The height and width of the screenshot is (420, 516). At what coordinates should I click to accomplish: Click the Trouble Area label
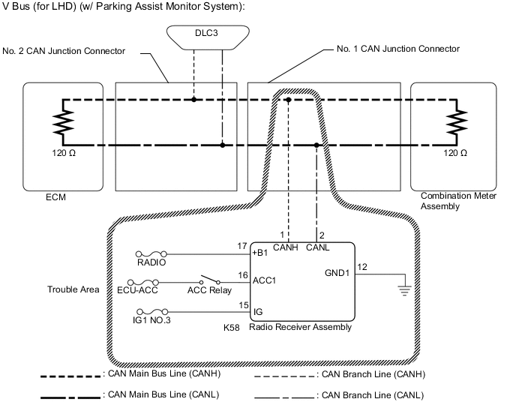click(x=73, y=289)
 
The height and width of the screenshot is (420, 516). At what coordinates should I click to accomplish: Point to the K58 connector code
click(x=231, y=328)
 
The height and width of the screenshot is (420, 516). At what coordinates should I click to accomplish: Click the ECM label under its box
click(x=58, y=199)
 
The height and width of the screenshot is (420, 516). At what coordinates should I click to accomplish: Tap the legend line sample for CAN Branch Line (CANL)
click(x=284, y=394)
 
